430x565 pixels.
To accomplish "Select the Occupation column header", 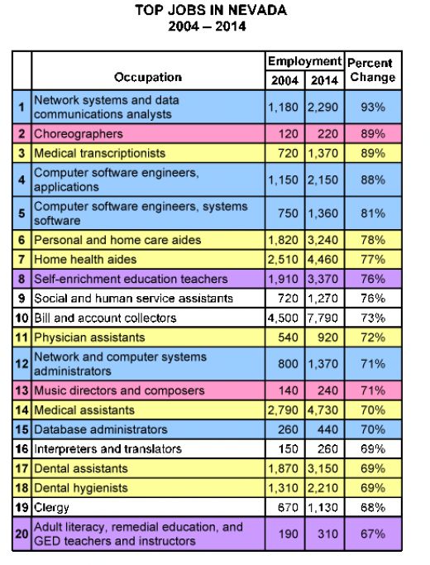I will [x=148, y=77].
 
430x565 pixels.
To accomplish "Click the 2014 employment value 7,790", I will [x=324, y=318].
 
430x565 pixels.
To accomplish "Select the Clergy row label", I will [x=51, y=508].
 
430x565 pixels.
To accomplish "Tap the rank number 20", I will [x=21, y=534].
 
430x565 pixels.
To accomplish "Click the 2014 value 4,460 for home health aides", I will [x=324, y=260].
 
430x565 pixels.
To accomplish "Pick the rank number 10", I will [x=21, y=318].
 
